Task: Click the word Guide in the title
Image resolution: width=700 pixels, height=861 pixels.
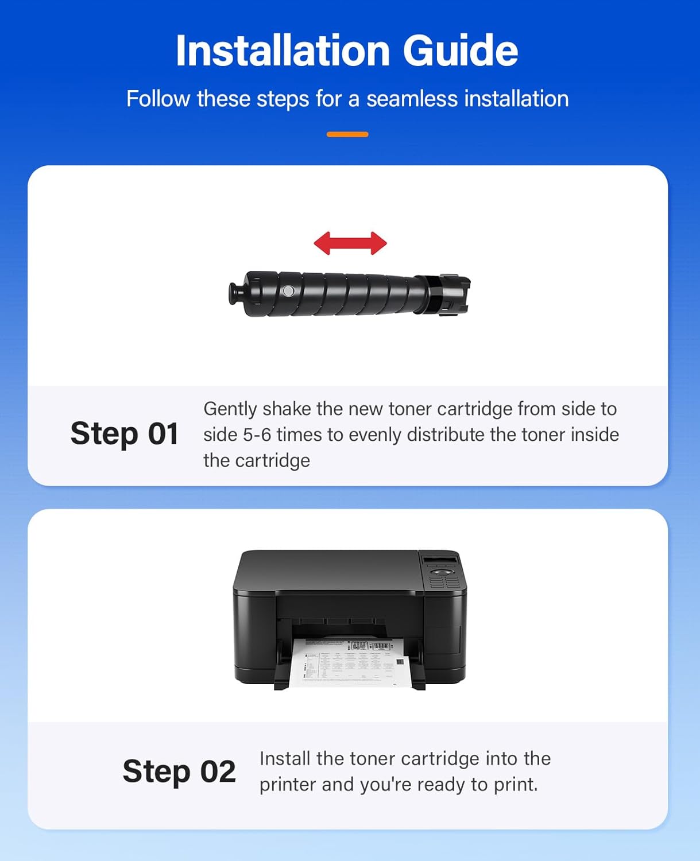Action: tap(460, 51)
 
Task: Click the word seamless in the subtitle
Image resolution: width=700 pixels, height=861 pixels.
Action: tap(412, 99)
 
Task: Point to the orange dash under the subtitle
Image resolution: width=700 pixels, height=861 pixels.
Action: tap(347, 134)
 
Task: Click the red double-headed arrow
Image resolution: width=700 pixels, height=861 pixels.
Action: tap(350, 243)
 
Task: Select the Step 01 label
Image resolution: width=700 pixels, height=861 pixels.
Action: tap(124, 433)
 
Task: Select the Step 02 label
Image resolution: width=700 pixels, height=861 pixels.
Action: tap(179, 771)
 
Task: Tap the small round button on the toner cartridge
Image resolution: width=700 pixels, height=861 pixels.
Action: tap(289, 291)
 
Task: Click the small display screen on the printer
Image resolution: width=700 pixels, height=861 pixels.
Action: tap(440, 560)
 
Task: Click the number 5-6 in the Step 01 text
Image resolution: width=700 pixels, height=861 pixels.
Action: tap(257, 435)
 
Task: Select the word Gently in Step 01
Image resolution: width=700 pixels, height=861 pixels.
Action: tap(230, 409)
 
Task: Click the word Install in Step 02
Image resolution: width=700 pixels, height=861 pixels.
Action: tap(285, 758)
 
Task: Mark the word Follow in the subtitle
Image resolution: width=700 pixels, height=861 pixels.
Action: tap(158, 99)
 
